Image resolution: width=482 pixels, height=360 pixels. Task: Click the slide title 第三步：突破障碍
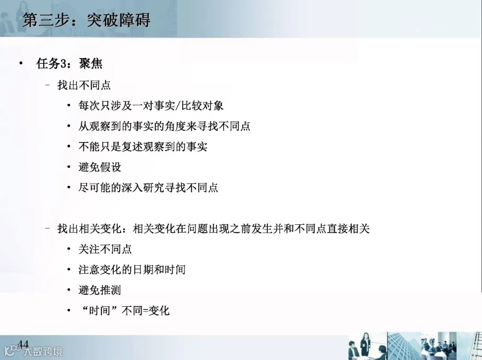(87, 20)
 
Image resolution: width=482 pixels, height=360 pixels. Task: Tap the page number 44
(23, 344)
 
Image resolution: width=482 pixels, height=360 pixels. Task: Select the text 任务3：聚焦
(69, 64)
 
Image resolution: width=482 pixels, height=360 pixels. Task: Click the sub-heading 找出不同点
(84, 85)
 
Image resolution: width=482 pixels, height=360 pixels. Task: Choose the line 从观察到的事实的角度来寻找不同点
(164, 126)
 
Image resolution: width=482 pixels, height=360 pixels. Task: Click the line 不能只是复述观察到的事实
(143, 147)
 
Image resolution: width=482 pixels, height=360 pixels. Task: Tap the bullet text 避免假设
(100, 167)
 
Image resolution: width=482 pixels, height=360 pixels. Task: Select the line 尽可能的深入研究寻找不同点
(148, 188)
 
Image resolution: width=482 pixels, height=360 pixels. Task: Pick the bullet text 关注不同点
(105, 249)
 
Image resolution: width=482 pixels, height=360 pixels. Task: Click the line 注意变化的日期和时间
(132, 270)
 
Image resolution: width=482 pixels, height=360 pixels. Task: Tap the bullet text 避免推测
(100, 290)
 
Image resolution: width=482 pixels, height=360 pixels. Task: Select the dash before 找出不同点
(47, 85)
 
